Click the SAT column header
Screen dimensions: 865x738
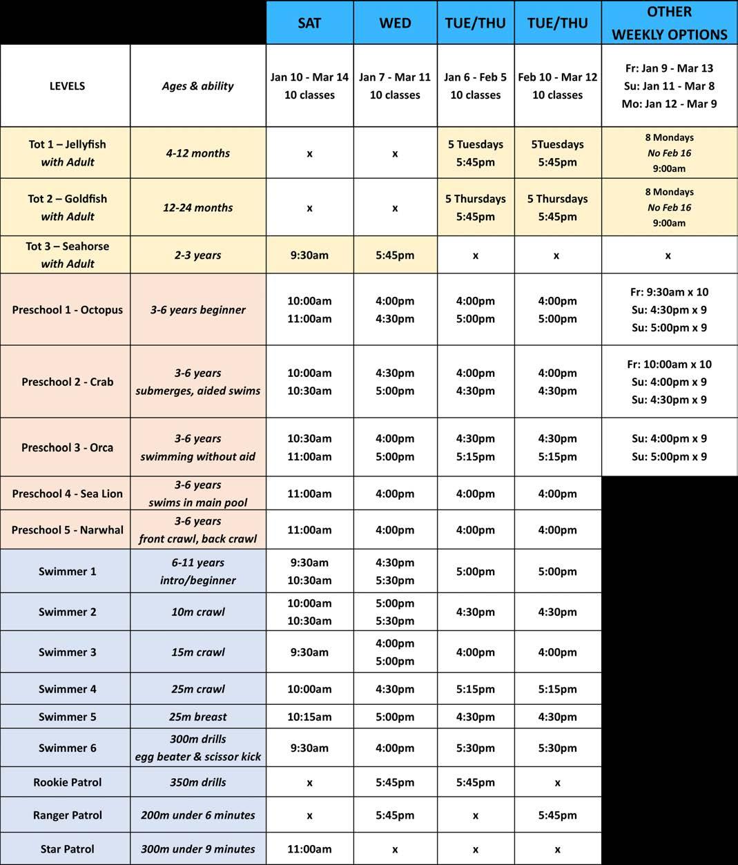(x=309, y=23)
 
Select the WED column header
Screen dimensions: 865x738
(x=395, y=23)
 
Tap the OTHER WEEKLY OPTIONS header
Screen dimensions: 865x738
(x=669, y=23)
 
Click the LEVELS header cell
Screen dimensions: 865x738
(x=67, y=86)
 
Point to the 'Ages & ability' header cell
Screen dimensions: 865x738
(x=197, y=86)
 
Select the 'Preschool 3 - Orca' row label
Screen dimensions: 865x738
(x=67, y=447)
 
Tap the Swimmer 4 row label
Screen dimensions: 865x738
(x=67, y=689)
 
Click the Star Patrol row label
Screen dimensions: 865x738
(x=67, y=849)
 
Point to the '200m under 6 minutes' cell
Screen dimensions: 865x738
(x=197, y=815)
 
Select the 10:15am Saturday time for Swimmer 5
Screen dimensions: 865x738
(x=309, y=717)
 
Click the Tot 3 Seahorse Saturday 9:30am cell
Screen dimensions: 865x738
(x=309, y=255)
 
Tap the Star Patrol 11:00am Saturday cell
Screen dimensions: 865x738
(x=309, y=849)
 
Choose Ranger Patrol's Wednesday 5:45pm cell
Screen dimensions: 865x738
(x=395, y=815)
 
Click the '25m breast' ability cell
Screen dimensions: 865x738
(x=197, y=717)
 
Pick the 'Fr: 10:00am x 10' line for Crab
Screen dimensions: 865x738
(x=669, y=365)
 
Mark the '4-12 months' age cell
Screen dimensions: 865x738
(x=197, y=153)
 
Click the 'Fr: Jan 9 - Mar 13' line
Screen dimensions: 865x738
(x=669, y=68)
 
